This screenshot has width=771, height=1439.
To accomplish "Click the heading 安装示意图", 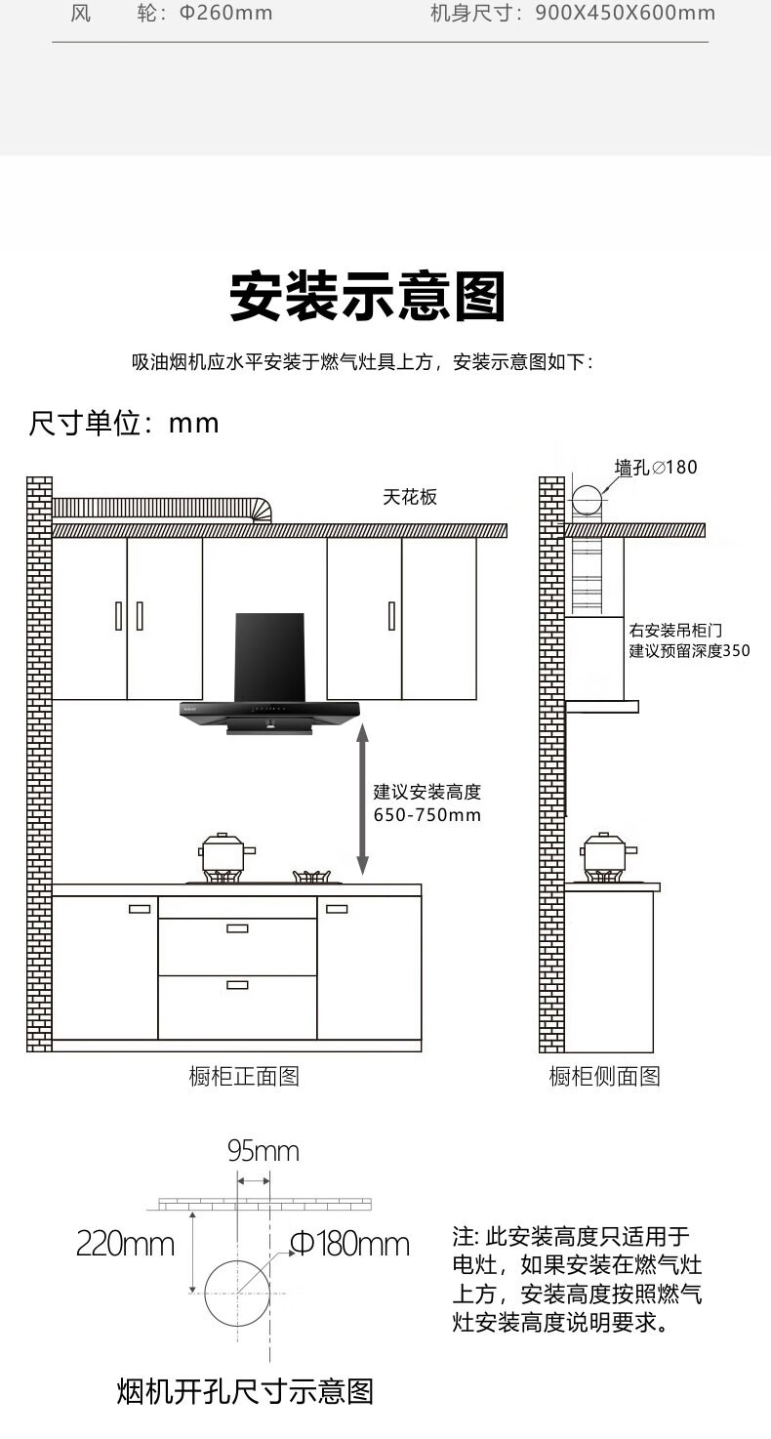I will [x=368, y=297].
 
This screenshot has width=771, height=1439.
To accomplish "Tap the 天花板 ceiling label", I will [x=410, y=497].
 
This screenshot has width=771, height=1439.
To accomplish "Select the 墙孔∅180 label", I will [x=656, y=467].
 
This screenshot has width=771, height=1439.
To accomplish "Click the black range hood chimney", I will [x=270, y=656].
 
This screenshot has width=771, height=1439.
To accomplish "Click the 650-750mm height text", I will [x=427, y=815].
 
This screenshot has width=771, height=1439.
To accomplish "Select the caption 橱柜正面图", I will [x=244, y=1076].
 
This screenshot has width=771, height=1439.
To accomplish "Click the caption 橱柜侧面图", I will [x=604, y=1076].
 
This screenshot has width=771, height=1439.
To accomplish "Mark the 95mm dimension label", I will [x=264, y=1152].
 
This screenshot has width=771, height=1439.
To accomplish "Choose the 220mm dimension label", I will [x=125, y=1245].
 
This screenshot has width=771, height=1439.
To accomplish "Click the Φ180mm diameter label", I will [x=349, y=1245].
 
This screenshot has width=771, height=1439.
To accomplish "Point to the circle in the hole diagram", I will [x=237, y=1293].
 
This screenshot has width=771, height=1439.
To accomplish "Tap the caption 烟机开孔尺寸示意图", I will [x=245, y=1391].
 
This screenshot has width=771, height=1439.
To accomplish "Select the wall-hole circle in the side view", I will [x=588, y=499].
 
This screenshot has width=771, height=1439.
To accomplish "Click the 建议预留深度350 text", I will [x=690, y=650].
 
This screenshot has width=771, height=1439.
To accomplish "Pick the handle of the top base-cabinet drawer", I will [x=237, y=927].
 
